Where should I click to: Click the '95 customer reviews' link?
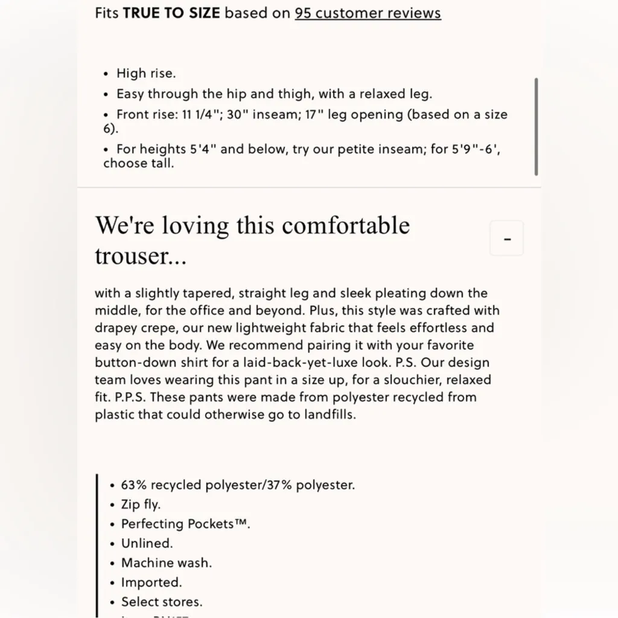coord(368,13)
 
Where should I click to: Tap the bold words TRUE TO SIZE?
coord(171,13)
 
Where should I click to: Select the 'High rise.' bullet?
coord(146,74)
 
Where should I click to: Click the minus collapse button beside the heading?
coord(507,238)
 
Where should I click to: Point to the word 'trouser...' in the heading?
coord(140,256)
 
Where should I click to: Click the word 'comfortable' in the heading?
coord(346,226)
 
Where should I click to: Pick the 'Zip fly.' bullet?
coord(141,505)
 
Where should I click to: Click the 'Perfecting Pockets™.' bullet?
coord(185,524)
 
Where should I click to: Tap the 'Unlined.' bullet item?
coord(147,543)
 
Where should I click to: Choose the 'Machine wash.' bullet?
coord(166,562)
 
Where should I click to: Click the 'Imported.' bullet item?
coord(151,582)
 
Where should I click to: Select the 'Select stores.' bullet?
coord(162,602)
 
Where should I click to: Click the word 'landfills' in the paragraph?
coord(327,415)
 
